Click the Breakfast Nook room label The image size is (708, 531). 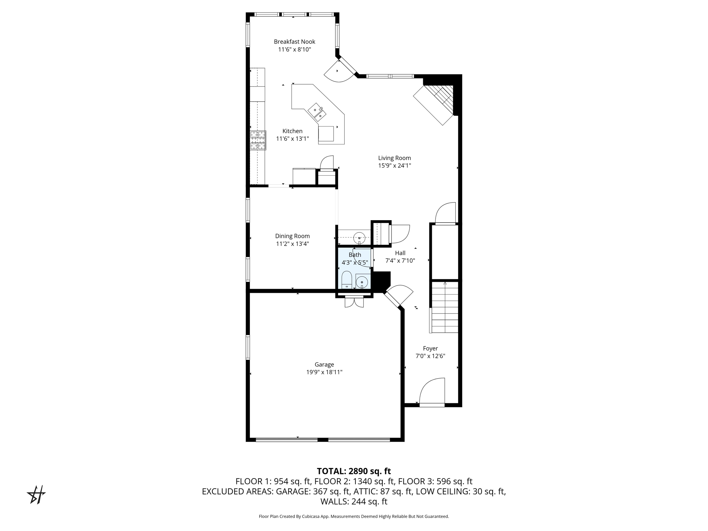(295, 42)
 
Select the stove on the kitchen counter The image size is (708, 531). (258, 140)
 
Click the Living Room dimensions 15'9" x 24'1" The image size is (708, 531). (394, 166)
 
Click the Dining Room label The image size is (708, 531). (292, 236)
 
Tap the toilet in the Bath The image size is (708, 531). (347, 280)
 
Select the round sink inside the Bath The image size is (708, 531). (362, 282)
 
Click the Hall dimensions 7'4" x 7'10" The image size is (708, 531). (400, 261)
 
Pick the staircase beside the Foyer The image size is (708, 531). (445, 307)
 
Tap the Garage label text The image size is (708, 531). (324, 364)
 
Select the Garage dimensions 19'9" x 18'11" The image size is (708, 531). (324, 372)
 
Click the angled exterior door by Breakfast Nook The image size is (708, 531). (340, 71)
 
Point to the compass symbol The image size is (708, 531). (36, 495)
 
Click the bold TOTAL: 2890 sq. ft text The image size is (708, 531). (354, 471)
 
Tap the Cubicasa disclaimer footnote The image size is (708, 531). (354, 516)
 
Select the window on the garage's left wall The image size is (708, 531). (248, 347)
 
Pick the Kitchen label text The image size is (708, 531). (292, 131)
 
